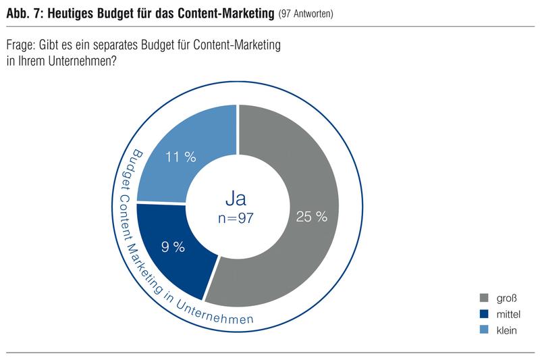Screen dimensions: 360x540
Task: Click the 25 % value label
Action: coord(311,217)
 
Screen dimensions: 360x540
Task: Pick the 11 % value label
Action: coord(180,157)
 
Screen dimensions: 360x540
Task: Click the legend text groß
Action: coord(508,298)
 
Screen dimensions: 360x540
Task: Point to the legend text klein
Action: coord(508,330)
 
